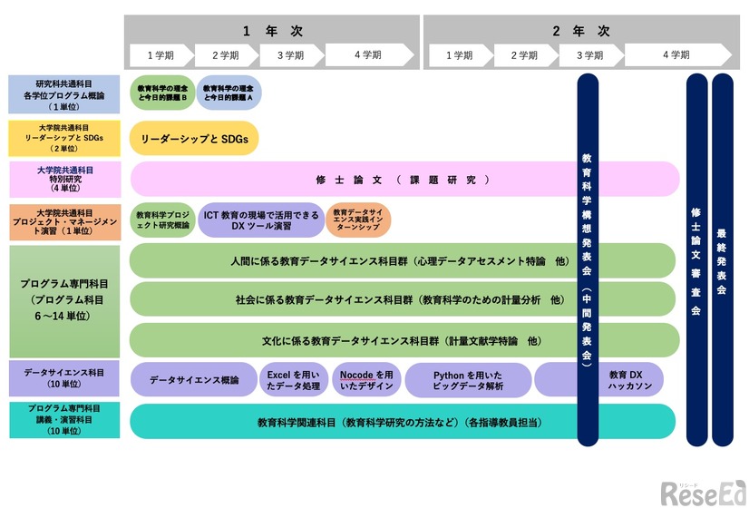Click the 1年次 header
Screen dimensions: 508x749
272,30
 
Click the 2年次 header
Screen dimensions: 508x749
580,30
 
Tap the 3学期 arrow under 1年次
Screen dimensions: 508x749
290,55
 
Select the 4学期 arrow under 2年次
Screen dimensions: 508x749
676,55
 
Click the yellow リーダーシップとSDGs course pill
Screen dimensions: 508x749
194,139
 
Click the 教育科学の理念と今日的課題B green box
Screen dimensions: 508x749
162,93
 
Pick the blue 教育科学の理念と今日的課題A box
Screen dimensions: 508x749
229,93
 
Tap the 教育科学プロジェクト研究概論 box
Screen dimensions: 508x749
162,220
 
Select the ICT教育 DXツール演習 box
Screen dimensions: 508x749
260,220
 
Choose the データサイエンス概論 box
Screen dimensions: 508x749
193,379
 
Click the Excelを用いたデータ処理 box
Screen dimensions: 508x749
293,379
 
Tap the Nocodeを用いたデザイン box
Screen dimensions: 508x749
366,379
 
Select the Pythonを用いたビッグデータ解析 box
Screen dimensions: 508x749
468,379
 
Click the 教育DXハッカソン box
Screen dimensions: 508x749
626,379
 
